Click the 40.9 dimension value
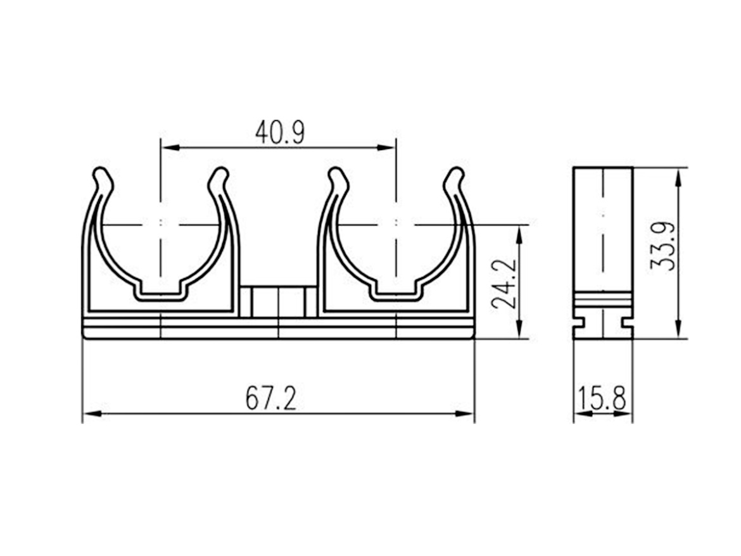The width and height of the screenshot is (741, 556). (x=280, y=132)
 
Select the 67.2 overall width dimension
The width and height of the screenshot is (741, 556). (x=271, y=398)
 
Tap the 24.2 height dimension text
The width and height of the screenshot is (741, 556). (x=503, y=284)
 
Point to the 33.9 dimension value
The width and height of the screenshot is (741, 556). (x=662, y=246)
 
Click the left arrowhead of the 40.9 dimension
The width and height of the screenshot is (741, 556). (x=170, y=148)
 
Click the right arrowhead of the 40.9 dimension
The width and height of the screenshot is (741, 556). (x=386, y=148)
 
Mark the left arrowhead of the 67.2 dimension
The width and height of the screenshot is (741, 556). (x=92, y=414)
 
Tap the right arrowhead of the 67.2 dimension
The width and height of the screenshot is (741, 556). (x=464, y=414)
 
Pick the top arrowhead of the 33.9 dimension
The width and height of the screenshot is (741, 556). (x=678, y=177)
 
